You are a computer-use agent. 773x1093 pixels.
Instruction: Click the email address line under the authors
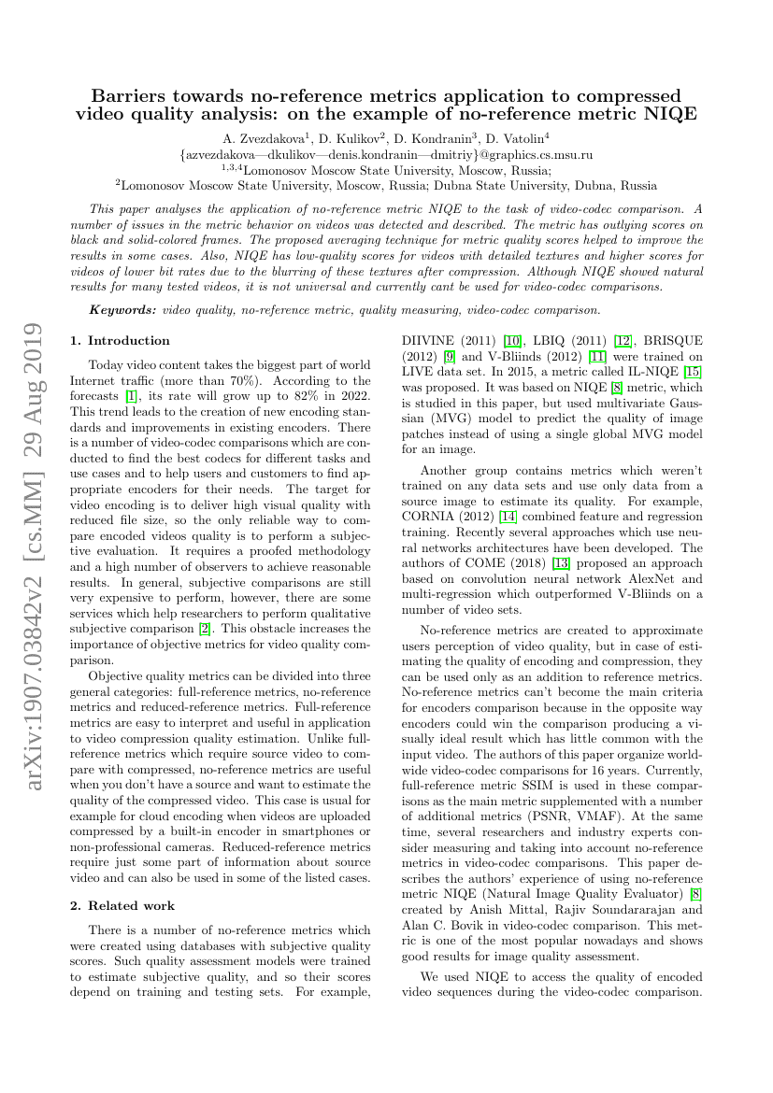coord(386,154)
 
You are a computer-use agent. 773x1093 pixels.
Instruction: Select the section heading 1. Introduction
coord(120,341)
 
